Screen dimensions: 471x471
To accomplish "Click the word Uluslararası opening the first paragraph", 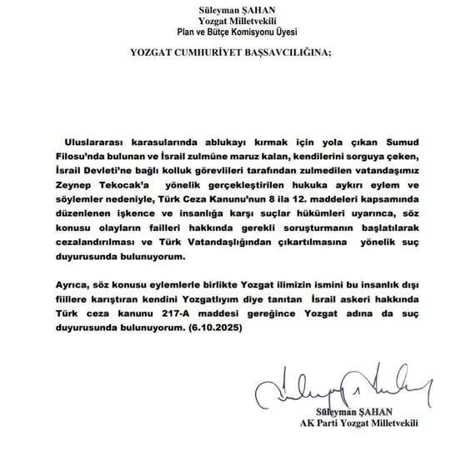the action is pyautogui.click(x=93, y=133).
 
